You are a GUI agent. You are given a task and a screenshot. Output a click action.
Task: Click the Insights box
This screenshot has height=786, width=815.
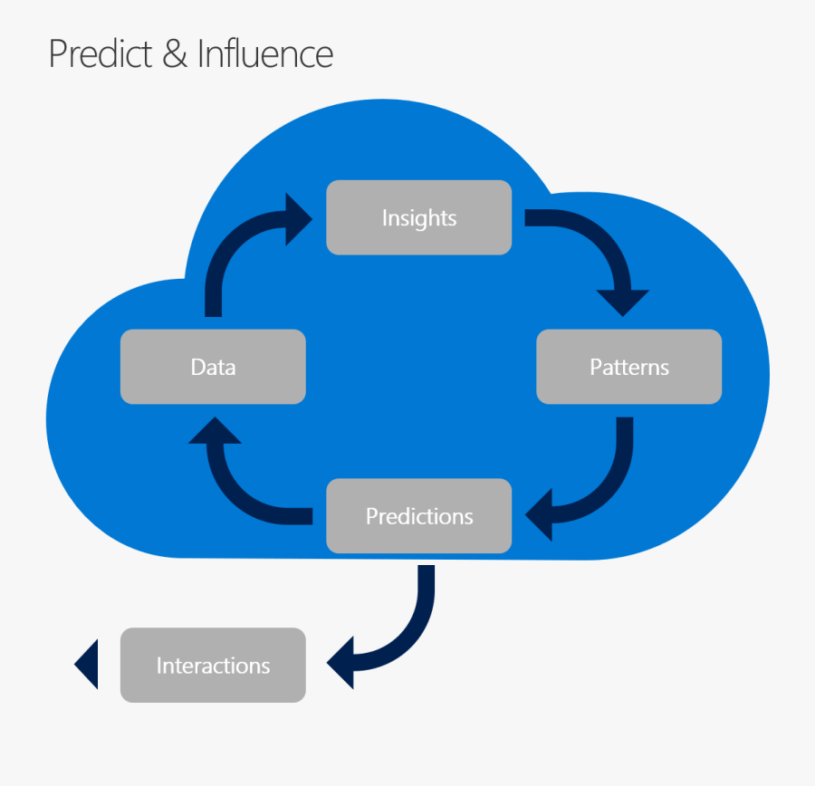pyautogui.click(x=418, y=217)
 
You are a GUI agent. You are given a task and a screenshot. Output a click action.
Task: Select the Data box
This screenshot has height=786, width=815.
pyautogui.click(x=213, y=367)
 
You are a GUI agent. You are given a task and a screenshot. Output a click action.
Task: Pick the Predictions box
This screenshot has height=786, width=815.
pyautogui.click(x=418, y=516)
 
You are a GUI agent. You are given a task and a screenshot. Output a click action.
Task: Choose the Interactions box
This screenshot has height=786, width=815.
pyautogui.click(x=213, y=666)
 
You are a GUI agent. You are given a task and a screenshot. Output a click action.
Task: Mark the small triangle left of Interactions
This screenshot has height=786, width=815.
pyautogui.click(x=87, y=665)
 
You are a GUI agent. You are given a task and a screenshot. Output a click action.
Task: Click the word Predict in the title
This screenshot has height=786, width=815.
pyautogui.click(x=101, y=53)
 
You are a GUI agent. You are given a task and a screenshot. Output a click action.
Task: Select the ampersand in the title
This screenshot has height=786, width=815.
pyautogui.click(x=176, y=53)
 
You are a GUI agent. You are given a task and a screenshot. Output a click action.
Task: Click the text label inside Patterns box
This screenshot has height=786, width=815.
pyautogui.click(x=628, y=368)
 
